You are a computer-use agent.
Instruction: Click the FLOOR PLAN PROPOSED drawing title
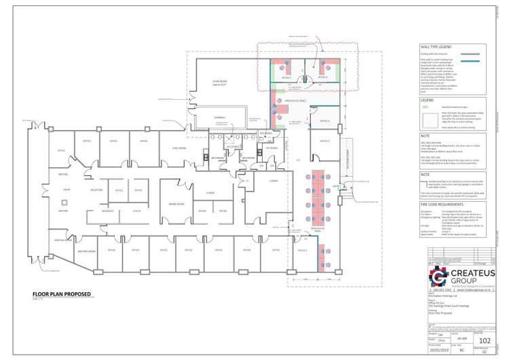pyautogui.click(x=61, y=294)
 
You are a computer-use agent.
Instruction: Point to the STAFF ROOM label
pyautogui.click(x=180, y=147)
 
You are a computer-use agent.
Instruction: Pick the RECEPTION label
pyautogui.click(x=96, y=190)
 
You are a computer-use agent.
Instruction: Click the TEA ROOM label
pyautogui.click(x=272, y=147)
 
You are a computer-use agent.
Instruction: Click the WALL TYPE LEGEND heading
pyautogui.click(x=437, y=47)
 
